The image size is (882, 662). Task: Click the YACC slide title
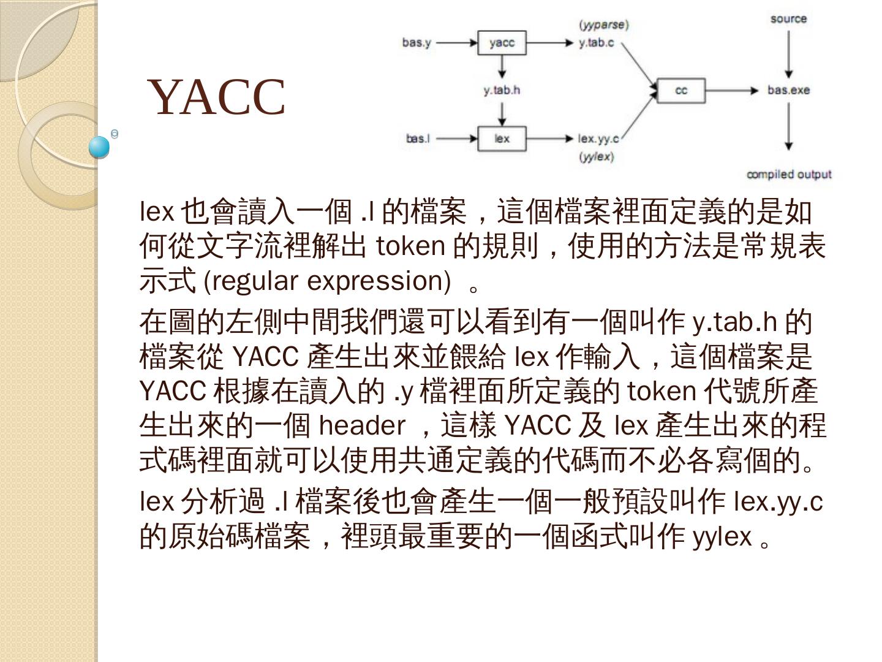[x=217, y=97]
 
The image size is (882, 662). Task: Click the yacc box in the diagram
[x=502, y=43]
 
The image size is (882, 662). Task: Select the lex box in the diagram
[x=502, y=139]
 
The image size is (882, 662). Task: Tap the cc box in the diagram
[x=680, y=91]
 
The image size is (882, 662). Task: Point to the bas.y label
[x=417, y=43]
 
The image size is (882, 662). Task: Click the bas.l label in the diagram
[x=418, y=139]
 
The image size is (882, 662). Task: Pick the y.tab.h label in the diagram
[x=502, y=90]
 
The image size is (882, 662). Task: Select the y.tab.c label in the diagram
[x=596, y=43]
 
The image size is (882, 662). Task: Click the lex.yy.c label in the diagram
[x=598, y=139]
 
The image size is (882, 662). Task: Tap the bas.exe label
[x=788, y=91]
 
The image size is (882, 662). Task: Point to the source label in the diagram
[x=788, y=18]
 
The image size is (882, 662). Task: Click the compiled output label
[x=788, y=175]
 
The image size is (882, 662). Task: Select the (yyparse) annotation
[x=604, y=25]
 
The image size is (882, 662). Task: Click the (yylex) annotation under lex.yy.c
[x=596, y=157]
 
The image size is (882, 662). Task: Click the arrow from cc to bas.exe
[x=732, y=91]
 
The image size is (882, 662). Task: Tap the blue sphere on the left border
[x=99, y=147]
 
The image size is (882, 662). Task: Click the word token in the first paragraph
[x=410, y=246]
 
